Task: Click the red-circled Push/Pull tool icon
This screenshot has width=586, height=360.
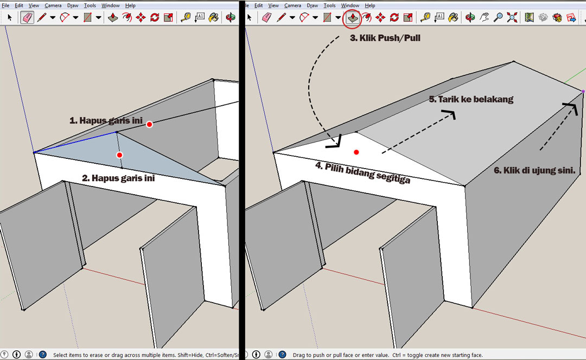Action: (x=352, y=17)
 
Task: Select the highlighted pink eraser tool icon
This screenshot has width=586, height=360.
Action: (x=27, y=17)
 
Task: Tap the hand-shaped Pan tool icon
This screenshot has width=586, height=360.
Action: (x=484, y=17)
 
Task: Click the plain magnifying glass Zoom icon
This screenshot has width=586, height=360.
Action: (x=498, y=17)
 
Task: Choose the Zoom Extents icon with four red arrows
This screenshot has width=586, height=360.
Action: (x=512, y=17)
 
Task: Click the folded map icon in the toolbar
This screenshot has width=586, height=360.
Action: (x=529, y=17)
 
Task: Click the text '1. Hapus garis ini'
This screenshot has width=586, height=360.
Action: (x=106, y=120)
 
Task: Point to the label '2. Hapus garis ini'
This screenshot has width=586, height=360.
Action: (x=118, y=178)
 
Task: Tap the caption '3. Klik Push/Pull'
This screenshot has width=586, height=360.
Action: (x=385, y=38)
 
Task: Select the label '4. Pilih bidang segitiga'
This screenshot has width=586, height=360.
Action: (x=362, y=172)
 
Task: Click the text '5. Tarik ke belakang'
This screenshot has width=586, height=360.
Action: (x=471, y=99)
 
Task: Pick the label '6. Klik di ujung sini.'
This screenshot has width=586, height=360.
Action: (x=534, y=171)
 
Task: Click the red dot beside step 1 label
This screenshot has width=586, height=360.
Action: (x=149, y=124)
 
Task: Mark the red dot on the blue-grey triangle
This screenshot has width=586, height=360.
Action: (x=119, y=155)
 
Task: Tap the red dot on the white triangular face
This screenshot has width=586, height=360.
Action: (x=356, y=152)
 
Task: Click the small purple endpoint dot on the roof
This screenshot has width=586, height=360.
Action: (x=583, y=91)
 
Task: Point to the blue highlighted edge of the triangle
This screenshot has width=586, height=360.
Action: (x=75, y=142)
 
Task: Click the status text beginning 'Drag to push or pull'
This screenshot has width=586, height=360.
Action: (x=387, y=355)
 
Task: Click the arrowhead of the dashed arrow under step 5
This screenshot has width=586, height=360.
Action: (x=450, y=113)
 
